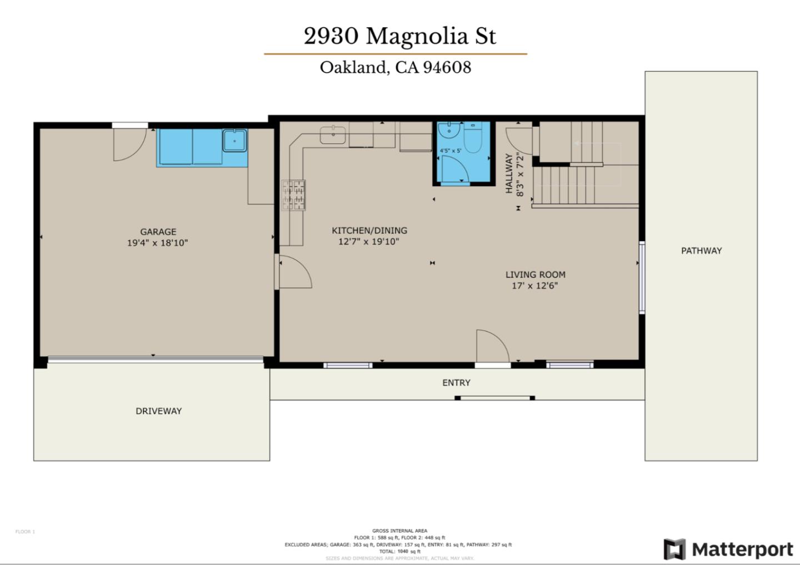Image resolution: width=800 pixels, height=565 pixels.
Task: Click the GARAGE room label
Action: (x=158, y=232)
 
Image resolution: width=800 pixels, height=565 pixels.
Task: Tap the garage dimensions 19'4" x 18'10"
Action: (x=157, y=243)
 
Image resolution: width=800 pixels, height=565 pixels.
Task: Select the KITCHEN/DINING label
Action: (x=369, y=230)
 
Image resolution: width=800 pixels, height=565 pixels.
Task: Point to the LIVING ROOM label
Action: (x=535, y=274)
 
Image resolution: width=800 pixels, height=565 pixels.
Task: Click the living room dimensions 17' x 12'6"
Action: (x=534, y=286)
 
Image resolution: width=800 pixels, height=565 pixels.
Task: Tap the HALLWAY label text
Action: (x=508, y=174)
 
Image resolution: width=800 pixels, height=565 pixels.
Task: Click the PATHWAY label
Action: (x=701, y=251)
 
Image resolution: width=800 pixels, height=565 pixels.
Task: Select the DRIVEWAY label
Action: (x=158, y=411)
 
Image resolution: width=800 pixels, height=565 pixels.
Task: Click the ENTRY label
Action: (x=456, y=383)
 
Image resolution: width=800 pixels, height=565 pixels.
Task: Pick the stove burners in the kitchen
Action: (x=293, y=195)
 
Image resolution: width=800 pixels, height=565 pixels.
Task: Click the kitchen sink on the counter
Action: (x=332, y=134)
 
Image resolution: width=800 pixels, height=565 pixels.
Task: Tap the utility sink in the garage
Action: (x=235, y=141)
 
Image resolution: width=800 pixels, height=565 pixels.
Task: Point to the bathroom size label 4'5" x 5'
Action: (x=450, y=151)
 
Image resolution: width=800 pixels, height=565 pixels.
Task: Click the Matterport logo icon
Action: (x=674, y=549)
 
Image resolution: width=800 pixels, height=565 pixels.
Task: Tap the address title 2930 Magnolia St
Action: (x=399, y=36)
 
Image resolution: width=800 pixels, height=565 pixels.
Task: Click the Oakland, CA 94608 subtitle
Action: (x=395, y=67)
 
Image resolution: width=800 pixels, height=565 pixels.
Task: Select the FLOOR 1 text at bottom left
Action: (x=25, y=532)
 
